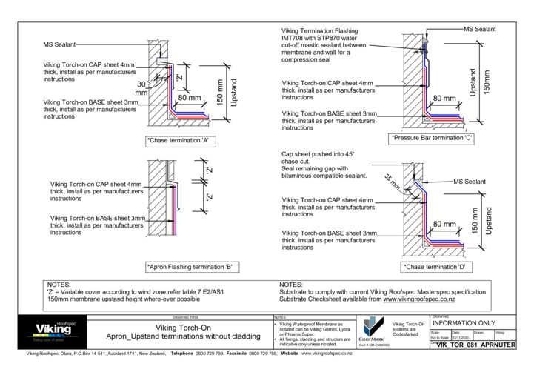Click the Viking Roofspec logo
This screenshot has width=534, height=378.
(x=54, y=330)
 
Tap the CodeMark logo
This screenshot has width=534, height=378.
(x=370, y=331)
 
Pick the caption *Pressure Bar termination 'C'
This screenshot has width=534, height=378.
(x=431, y=138)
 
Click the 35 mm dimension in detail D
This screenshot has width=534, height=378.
(x=393, y=180)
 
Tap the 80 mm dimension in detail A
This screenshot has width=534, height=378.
(x=190, y=98)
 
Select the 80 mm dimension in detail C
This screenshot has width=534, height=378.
(x=444, y=98)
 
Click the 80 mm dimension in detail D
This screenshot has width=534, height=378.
(x=444, y=224)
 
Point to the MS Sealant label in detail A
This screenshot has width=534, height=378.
(x=64, y=45)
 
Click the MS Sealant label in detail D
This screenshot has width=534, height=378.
(x=470, y=182)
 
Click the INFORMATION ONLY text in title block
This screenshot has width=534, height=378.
(x=464, y=323)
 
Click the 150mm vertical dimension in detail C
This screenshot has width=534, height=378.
(x=487, y=82)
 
